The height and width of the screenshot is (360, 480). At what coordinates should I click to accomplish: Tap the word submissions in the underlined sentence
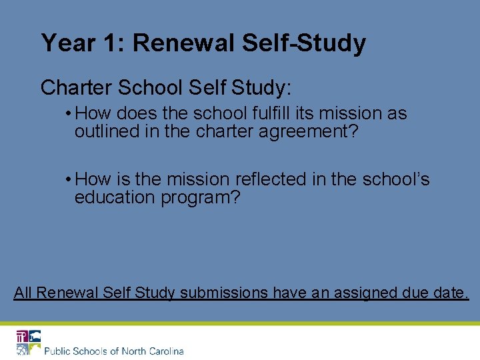click(224, 292)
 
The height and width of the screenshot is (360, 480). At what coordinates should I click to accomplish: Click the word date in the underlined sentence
click(451, 292)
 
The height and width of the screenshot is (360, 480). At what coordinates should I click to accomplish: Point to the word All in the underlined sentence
click(23, 292)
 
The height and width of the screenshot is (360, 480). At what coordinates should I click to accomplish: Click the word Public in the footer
click(58, 351)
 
